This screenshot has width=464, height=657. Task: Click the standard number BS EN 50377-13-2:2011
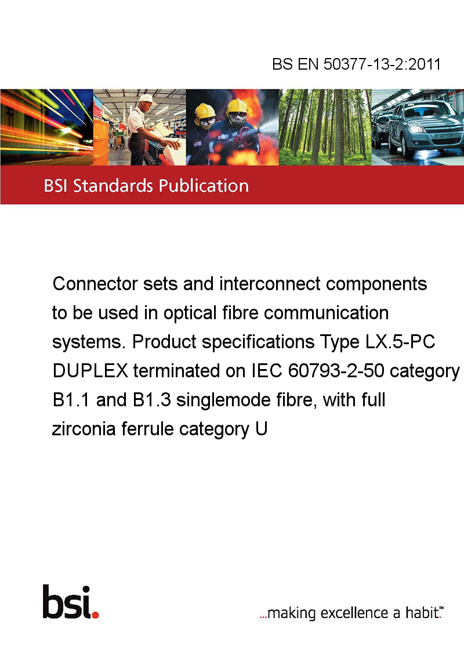pyautogui.click(x=356, y=64)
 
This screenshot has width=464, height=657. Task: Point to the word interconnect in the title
pyautogui.click(x=270, y=284)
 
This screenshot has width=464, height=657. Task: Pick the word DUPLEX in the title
pyautogui.click(x=90, y=371)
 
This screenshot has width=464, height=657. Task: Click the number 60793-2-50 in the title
pyautogui.click(x=336, y=371)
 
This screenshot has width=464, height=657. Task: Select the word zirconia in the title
pyautogui.click(x=84, y=429)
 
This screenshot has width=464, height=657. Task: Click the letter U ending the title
pyautogui.click(x=262, y=429)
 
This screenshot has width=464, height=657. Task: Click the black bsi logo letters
pyautogui.click(x=67, y=602)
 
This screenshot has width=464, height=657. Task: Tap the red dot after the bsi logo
pyautogui.click(x=95, y=615)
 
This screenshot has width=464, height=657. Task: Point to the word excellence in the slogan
pyautogui.click(x=354, y=613)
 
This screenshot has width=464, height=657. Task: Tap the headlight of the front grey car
pyautogui.click(x=415, y=129)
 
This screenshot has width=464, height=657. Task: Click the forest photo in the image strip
pyautogui.click(x=325, y=127)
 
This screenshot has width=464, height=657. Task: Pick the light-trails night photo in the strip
pyautogui.click(x=46, y=127)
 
